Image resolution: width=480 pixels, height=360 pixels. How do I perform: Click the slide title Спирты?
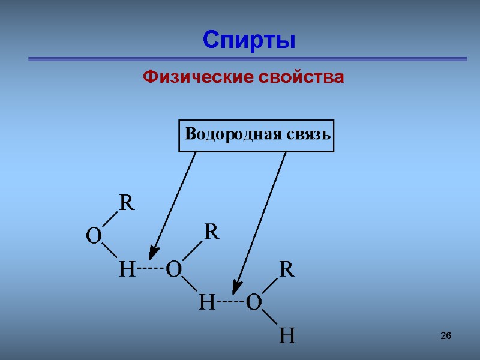tap(249, 40)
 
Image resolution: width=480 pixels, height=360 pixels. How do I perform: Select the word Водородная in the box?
tap(224, 134)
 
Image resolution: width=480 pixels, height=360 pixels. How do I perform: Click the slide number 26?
tap(445, 335)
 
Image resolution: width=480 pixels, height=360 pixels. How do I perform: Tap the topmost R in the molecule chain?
tap(126, 203)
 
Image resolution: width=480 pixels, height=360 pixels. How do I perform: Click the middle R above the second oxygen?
tap(212, 232)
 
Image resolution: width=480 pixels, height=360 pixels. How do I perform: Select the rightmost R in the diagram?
tap(287, 270)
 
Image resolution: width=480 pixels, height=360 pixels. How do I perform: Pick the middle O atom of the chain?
tap(174, 270)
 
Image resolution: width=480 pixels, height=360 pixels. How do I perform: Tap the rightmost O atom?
tap(253, 304)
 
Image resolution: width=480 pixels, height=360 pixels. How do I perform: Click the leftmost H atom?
tap(126, 270)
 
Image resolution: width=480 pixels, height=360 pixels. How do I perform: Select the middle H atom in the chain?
tap(206, 304)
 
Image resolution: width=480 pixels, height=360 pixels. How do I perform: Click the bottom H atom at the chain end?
tap(287, 336)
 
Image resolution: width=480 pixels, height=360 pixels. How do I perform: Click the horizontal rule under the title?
tap(248, 59)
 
